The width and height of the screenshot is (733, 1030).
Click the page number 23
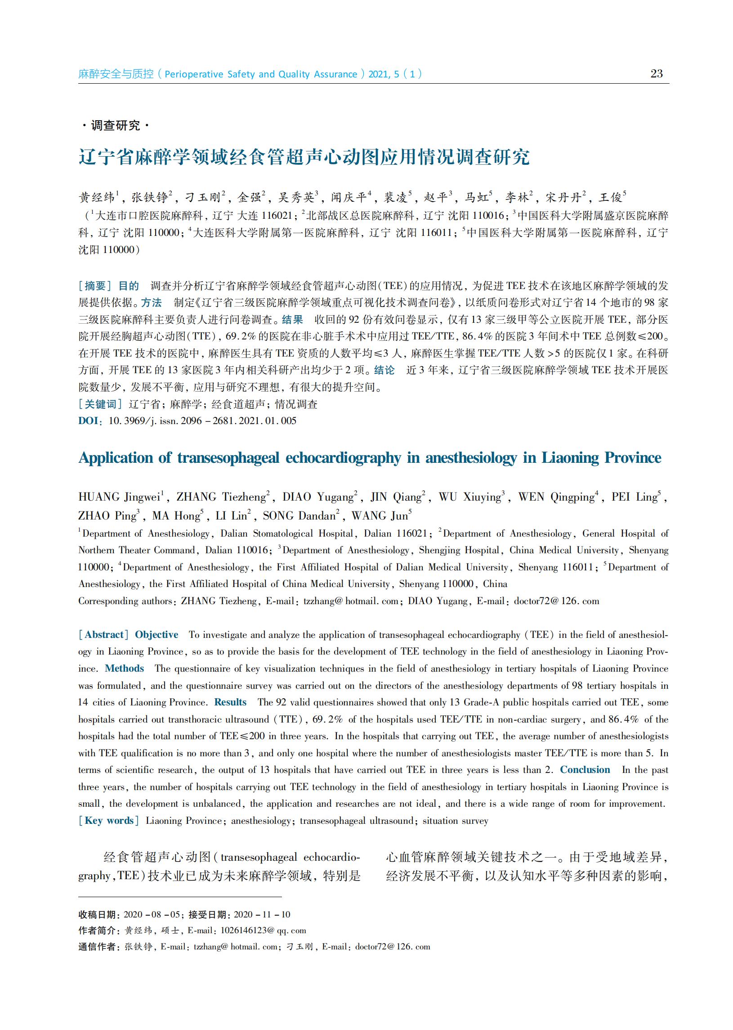(x=656, y=74)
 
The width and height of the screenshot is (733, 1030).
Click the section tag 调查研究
(x=116, y=125)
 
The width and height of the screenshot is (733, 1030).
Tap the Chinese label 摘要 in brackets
(x=95, y=285)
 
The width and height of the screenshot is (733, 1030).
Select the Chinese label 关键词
(x=100, y=404)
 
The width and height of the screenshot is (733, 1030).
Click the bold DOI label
(x=88, y=420)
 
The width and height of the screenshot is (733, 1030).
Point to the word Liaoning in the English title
(x=570, y=458)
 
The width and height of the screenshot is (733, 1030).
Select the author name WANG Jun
(x=380, y=516)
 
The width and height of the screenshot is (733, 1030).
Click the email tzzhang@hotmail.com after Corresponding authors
(x=351, y=601)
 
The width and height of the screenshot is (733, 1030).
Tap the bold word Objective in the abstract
(x=156, y=635)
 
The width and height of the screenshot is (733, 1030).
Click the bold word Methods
(x=124, y=669)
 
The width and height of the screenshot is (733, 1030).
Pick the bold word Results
(x=230, y=702)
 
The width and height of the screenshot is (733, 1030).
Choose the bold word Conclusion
(x=585, y=770)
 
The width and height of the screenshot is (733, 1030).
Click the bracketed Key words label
(x=109, y=821)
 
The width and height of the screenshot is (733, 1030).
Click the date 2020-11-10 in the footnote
(x=262, y=914)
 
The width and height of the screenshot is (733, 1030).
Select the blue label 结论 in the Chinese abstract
(x=384, y=370)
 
